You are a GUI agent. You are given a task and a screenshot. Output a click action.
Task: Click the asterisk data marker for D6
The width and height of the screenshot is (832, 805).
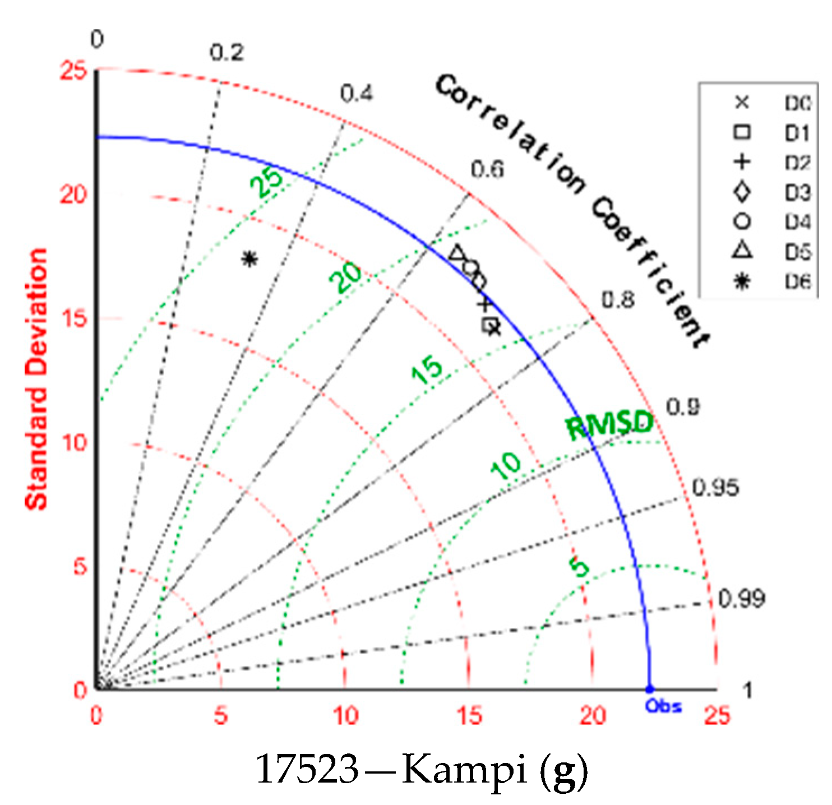point(249,258)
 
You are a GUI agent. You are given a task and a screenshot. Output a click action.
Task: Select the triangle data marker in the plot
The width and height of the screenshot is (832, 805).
point(457,253)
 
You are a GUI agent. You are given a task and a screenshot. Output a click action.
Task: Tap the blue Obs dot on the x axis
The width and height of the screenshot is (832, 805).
point(649,689)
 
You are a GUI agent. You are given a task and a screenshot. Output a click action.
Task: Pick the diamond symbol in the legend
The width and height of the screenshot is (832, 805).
point(742,192)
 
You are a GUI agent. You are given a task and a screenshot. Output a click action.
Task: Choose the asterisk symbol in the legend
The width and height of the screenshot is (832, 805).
point(742,282)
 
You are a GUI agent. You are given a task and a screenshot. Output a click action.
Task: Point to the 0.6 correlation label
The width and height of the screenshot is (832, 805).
point(487,169)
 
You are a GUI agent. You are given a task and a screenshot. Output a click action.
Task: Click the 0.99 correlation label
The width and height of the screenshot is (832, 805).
point(741,599)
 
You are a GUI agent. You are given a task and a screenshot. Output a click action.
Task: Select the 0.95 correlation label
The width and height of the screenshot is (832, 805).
point(715,487)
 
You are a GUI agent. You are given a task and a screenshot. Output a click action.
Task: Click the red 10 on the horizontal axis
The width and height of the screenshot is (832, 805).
point(345,716)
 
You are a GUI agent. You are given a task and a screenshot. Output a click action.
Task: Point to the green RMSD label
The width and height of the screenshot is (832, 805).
point(610,425)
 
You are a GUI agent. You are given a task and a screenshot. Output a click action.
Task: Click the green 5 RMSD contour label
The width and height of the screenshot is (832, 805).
point(580,567)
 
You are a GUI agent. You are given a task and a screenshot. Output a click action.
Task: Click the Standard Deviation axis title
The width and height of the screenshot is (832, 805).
point(37,380)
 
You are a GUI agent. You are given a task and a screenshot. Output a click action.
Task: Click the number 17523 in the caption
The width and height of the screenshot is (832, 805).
point(307,771)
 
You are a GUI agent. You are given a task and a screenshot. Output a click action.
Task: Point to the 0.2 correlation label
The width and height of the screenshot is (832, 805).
point(227,52)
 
